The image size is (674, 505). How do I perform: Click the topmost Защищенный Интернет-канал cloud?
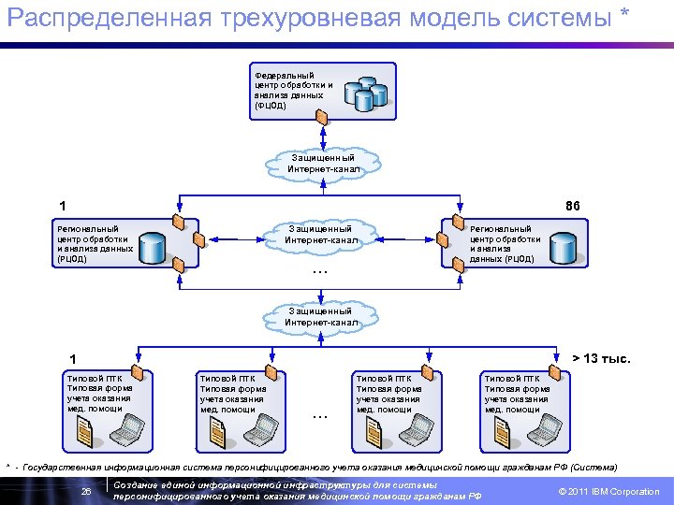coord(324,164)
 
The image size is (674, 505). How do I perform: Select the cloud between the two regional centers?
coord(321,235)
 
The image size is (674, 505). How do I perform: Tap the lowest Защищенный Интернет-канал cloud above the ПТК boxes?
coord(321,317)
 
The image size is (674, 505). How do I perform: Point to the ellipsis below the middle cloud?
coord(320,272)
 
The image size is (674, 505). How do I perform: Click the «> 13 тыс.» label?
coord(601,358)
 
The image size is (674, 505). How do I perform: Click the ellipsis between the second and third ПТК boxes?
coord(320,414)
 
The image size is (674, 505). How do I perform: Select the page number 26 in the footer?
coord(86,491)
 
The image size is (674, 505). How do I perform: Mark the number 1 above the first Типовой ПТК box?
coord(73,359)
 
